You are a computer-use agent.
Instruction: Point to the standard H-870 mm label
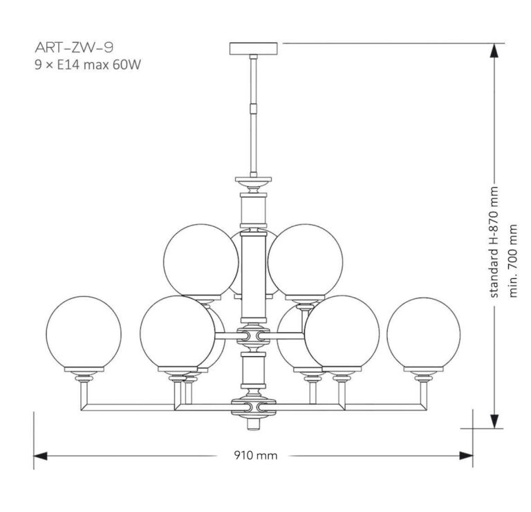[493, 243]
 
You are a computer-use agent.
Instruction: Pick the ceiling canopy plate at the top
[253, 48]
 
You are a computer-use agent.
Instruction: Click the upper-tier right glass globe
[305, 259]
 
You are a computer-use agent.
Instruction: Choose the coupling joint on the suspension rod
[253, 107]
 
